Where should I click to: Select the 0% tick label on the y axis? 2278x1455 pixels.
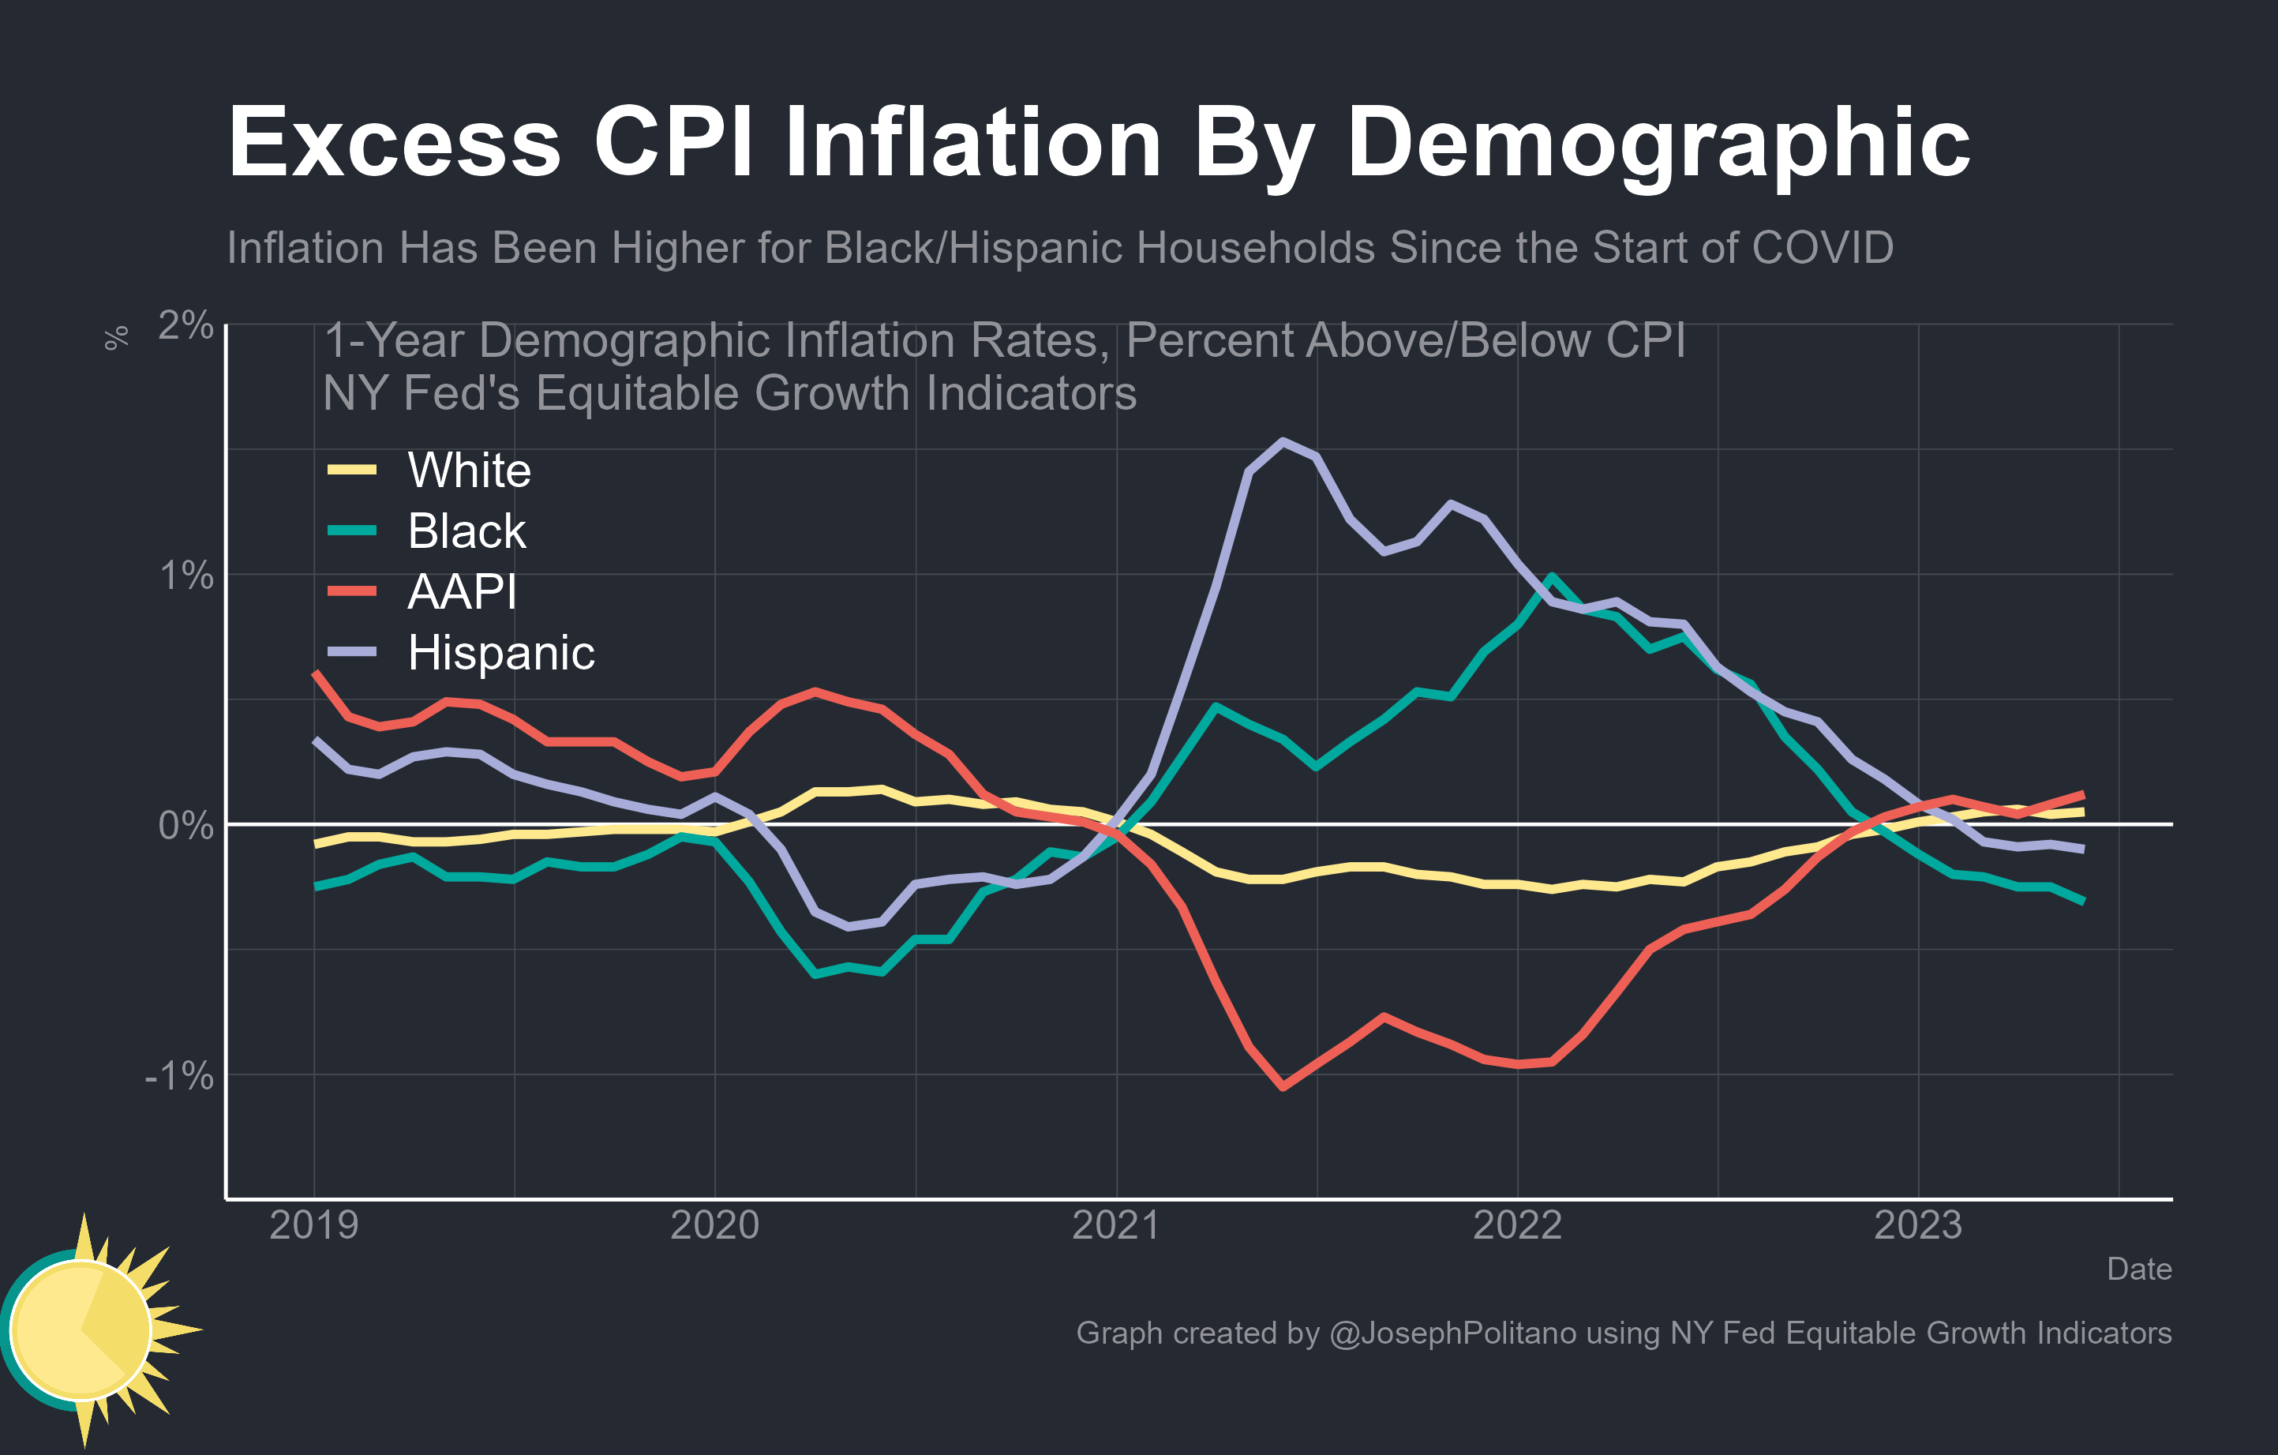pos(185,825)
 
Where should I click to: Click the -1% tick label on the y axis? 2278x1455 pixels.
pos(179,1074)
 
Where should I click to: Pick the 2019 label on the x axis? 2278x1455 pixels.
pos(314,1225)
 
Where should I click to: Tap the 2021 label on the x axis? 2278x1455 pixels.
pos(1116,1225)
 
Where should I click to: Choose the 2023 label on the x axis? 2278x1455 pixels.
pos(1919,1225)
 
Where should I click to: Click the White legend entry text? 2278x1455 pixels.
pos(469,471)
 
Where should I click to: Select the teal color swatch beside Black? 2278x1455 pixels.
pos(352,531)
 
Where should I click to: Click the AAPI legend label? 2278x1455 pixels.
pos(462,591)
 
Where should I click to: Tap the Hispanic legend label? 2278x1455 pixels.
pos(500,653)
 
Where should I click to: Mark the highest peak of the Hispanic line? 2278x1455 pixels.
pos(1283,441)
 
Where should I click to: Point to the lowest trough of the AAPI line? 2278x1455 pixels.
pos(1283,1087)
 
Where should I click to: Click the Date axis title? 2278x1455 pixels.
pos(2139,1269)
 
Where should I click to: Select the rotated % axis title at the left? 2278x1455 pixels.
pos(116,338)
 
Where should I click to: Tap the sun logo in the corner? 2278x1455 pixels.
pos(90,1329)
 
